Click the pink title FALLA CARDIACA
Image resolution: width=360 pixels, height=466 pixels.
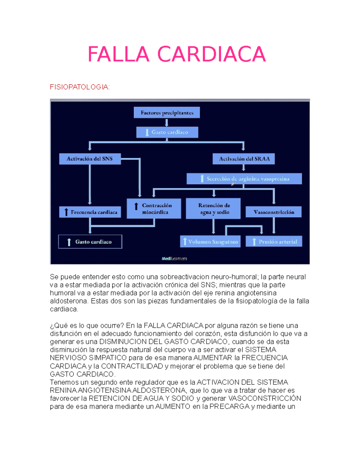(177, 54)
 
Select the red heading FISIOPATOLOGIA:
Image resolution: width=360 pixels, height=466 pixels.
(80, 87)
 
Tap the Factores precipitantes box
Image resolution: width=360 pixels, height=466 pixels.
(167, 113)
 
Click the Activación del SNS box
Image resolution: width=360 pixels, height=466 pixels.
(90, 159)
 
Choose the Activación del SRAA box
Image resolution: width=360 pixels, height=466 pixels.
(244, 159)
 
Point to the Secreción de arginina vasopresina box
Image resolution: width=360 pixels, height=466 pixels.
(244, 179)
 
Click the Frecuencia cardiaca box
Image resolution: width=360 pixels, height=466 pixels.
(90, 212)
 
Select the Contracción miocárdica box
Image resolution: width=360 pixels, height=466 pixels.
(154, 209)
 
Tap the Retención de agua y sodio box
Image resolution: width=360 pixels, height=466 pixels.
(213, 209)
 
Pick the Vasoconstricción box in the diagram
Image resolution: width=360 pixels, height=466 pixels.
(274, 212)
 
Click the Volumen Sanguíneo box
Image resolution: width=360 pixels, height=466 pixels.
(210, 242)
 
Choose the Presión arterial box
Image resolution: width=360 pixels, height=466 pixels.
(274, 242)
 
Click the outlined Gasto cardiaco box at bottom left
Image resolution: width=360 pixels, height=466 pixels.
(90, 242)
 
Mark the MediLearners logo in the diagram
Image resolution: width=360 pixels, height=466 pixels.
(174, 259)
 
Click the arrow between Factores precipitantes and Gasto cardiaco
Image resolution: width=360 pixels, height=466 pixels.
(166, 122)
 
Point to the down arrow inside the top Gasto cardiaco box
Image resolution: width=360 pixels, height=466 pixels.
(147, 132)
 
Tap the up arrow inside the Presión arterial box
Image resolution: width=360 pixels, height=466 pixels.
(254, 242)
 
